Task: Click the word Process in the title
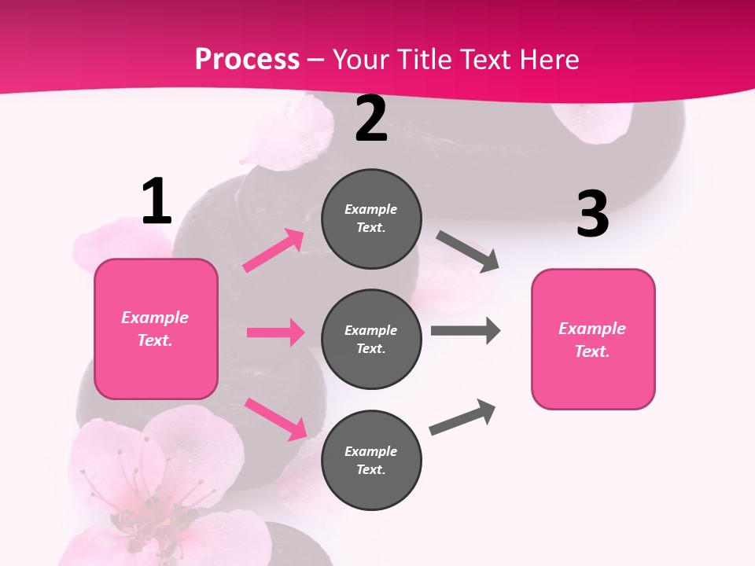coord(247,60)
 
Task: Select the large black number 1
coord(157,202)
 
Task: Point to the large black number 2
coord(371,119)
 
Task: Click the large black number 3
coord(592,215)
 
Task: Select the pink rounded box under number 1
coord(156,329)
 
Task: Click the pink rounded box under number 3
coord(593,340)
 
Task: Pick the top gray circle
coord(371,219)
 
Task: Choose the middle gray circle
coord(371,340)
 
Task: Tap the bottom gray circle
coord(371,461)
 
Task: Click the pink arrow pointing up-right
coord(274,251)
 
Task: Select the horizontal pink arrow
coord(275,333)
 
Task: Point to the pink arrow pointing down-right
coord(275,419)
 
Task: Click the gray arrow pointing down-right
coord(468,252)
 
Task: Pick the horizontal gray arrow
coord(466,331)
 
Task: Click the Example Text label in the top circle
coord(371,219)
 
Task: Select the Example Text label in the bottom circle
coord(371,461)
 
